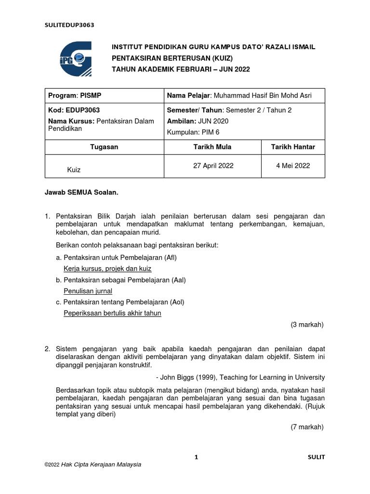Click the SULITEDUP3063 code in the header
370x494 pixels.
(x=69, y=26)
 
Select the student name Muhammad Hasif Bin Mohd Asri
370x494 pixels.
(x=239, y=96)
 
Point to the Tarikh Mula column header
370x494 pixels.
(x=213, y=147)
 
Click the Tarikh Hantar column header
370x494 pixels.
(x=293, y=147)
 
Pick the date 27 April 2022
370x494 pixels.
(x=213, y=165)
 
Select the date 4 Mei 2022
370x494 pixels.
(x=293, y=165)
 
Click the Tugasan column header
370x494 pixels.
(x=105, y=147)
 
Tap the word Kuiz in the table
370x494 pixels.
(x=74, y=170)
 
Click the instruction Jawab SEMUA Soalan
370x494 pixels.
(x=81, y=192)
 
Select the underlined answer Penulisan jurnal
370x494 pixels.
(x=88, y=291)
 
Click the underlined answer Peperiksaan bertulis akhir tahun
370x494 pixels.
(x=112, y=313)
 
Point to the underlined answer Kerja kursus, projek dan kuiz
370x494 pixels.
(x=107, y=269)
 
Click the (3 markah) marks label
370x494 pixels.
(x=307, y=325)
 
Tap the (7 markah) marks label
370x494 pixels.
(x=307, y=427)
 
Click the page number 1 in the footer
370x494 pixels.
(x=196, y=457)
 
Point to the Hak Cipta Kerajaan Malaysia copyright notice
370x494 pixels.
(x=92, y=465)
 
